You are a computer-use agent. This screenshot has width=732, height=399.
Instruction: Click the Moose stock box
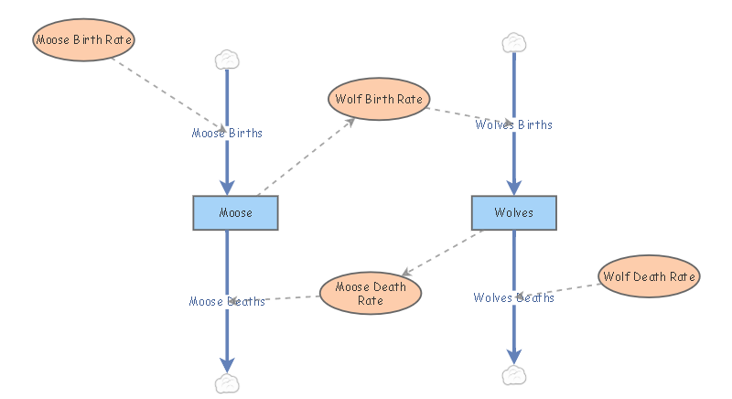click(x=235, y=212)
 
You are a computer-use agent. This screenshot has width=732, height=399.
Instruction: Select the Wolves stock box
click(x=513, y=212)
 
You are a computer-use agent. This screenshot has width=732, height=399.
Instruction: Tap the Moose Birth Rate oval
click(x=84, y=40)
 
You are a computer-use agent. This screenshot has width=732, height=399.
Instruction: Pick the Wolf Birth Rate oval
click(x=378, y=99)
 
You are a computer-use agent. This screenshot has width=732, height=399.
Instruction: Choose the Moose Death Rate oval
click(x=370, y=294)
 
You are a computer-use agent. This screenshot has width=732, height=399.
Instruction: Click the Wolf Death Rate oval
click(x=649, y=275)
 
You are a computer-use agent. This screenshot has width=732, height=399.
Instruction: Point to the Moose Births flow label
click(x=227, y=133)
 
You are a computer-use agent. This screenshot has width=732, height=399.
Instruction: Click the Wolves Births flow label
click(x=513, y=124)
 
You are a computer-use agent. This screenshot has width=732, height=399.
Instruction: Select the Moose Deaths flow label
click(x=227, y=301)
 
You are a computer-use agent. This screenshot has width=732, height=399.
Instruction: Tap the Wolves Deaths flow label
click(x=513, y=297)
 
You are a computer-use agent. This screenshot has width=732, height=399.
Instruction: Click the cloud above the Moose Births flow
click(x=227, y=60)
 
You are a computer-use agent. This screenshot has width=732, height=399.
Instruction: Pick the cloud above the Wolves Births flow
click(x=514, y=42)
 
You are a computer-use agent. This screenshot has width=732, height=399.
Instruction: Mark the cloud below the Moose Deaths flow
click(x=226, y=383)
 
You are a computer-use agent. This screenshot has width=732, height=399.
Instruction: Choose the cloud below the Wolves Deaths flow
click(x=514, y=375)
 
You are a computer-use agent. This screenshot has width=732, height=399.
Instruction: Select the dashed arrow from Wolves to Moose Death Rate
click(x=445, y=252)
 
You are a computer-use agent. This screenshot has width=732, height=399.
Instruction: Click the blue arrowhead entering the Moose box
click(x=227, y=187)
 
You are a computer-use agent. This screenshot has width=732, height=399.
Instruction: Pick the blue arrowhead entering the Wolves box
click(x=514, y=187)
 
